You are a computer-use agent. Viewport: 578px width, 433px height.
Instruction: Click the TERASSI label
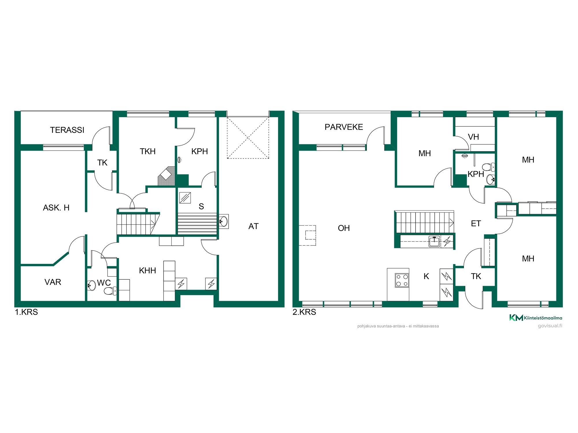click(67, 130)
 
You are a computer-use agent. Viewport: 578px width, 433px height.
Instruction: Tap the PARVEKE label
click(344, 127)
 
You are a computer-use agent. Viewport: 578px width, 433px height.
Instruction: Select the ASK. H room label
click(56, 208)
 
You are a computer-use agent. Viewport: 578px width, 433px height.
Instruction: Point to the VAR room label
click(53, 282)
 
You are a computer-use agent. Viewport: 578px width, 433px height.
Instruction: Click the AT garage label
click(253, 226)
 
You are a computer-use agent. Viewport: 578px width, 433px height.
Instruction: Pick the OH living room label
click(344, 228)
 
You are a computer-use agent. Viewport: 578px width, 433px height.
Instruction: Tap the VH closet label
click(473, 137)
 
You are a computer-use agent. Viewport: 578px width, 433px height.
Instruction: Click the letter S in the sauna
click(201, 206)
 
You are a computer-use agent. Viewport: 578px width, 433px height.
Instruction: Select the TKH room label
click(148, 151)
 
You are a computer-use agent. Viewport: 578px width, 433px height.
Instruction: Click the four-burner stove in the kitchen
click(402, 280)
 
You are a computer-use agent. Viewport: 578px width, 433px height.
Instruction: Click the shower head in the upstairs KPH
click(465, 156)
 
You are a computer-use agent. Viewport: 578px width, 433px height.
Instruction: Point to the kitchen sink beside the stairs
click(434, 241)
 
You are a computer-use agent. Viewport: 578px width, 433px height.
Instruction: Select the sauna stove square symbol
click(185, 197)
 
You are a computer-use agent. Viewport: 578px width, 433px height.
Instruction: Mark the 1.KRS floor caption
click(26, 312)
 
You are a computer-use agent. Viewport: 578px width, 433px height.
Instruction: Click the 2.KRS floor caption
click(304, 312)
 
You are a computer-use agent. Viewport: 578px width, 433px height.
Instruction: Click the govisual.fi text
click(550, 326)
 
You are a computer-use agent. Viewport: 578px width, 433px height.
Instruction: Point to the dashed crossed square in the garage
click(248, 138)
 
